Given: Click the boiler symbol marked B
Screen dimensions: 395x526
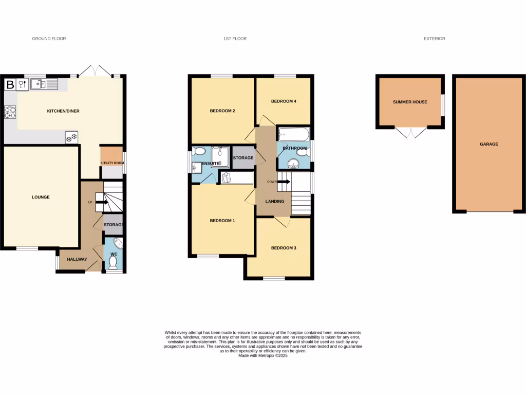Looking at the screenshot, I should pos(10,84).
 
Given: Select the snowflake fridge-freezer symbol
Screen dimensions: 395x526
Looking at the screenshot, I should pos(71,137).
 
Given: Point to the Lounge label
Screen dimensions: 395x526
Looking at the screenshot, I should pos(40,197).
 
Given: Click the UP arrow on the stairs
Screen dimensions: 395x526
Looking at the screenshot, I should pos(101,202).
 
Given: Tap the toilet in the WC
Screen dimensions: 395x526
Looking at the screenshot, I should pos(113,262).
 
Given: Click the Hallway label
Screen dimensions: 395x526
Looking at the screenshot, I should pos(77,259).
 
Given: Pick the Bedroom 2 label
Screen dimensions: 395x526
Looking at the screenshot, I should pos(222,111).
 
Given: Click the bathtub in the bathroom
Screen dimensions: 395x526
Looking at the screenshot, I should pos(293,135).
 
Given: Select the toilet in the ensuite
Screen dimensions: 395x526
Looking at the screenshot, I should pos(199,151).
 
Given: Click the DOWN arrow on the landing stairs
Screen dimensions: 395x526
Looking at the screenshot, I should pos(283,181).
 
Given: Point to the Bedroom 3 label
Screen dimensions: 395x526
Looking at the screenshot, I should pos(284,248).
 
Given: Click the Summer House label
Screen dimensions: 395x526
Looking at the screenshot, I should pos(410,102).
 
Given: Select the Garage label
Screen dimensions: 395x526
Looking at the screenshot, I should pos(489,144).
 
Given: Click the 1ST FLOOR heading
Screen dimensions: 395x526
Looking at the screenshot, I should pos(235,39).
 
